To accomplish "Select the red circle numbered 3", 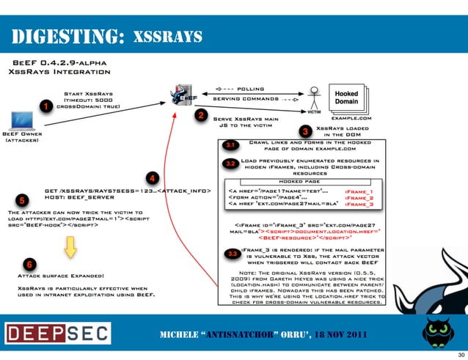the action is [304, 131].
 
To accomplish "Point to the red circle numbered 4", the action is [152, 177].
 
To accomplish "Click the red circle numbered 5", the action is [22, 199].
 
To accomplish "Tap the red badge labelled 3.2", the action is [230, 163].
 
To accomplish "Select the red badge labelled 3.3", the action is [232, 254].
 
